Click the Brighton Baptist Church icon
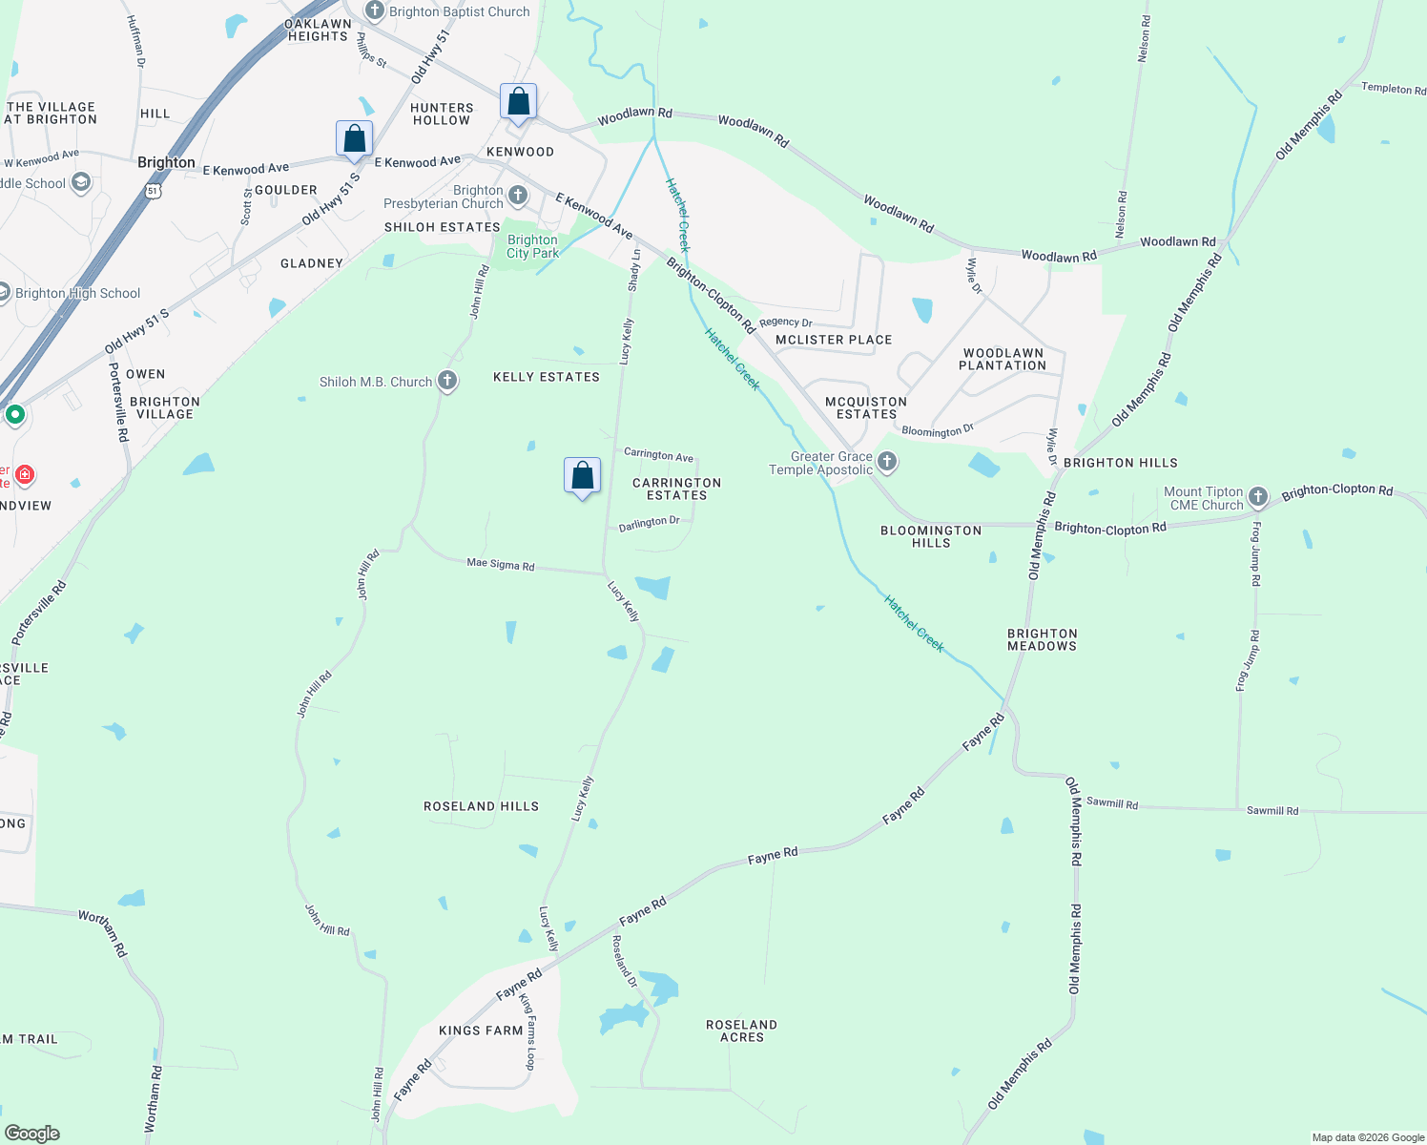click(x=375, y=11)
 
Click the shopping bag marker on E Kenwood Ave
click(x=354, y=139)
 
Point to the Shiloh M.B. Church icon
click(x=446, y=382)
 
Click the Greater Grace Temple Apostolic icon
click(x=887, y=463)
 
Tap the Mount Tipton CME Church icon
click(x=1258, y=497)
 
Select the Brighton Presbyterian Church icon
click(x=517, y=197)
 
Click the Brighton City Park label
click(x=532, y=246)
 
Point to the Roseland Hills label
click(x=481, y=806)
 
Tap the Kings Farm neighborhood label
click(x=481, y=1030)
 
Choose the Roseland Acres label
click(x=741, y=1030)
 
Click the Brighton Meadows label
click(x=1042, y=639)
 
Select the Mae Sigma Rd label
click(x=500, y=564)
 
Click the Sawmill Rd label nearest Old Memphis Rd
click(x=1112, y=803)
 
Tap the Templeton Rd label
click(x=1393, y=89)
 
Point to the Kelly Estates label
click(x=546, y=377)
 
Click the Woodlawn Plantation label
click(x=1003, y=359)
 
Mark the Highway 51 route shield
click(x=154, y=192)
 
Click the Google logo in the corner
click(x=32, y=1134)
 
